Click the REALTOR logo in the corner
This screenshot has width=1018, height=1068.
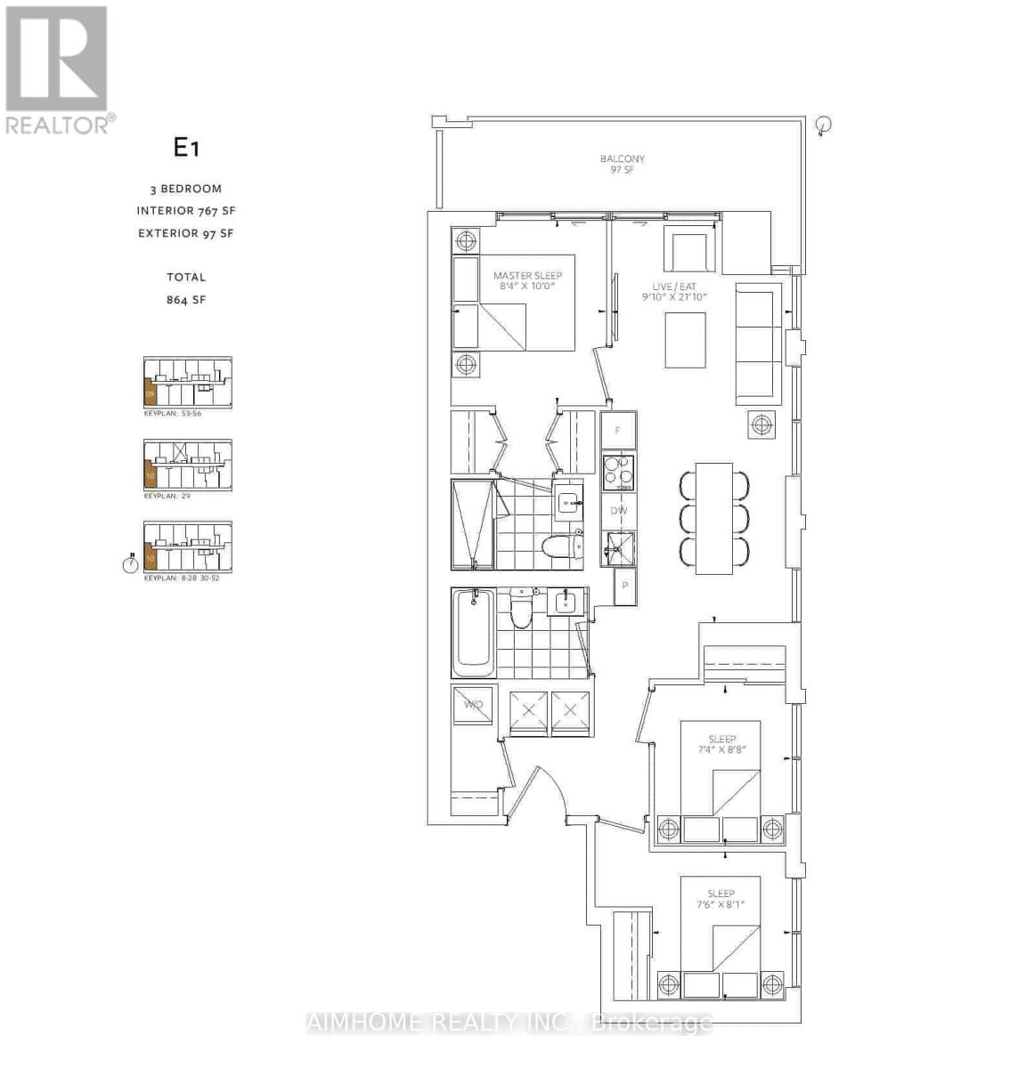(58, 69)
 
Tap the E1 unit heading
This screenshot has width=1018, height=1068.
(185, 148)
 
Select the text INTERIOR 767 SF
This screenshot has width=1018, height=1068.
(185, 211)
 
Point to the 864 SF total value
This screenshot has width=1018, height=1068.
(185, 300)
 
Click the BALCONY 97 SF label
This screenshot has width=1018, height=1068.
(622, 165)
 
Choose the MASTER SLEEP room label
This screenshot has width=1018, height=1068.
(527, 281)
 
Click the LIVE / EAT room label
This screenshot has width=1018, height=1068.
(675, 292)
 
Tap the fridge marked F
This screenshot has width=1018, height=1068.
(618, 431)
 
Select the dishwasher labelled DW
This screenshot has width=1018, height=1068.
(618, 510)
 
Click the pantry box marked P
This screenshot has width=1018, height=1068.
(625, 587)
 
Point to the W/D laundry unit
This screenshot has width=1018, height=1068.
(472, 705)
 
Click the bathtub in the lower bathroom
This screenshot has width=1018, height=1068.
(474, 634)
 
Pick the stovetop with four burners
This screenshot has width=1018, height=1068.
(618, 473)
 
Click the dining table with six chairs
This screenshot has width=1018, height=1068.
(714, 518)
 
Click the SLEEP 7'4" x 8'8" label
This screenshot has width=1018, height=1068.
(721, 744)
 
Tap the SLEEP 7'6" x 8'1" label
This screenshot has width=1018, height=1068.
(721, 899)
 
